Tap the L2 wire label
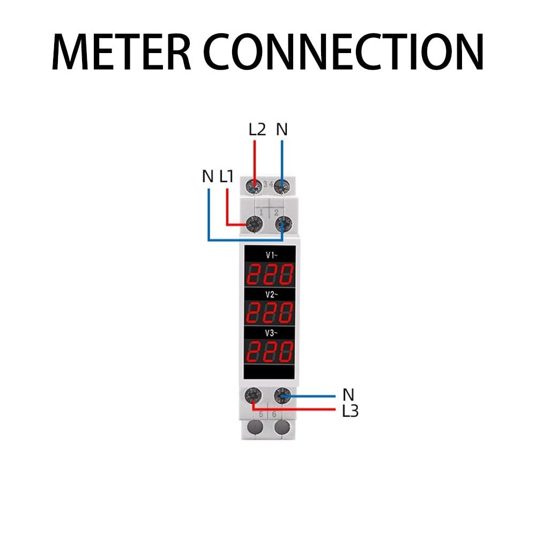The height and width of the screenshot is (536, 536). (257, 130)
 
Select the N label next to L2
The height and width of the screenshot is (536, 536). (282, 130)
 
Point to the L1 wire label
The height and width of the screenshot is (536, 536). (226, 176)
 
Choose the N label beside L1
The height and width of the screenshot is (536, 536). (208, 176)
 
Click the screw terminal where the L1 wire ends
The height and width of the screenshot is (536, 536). (251, 224)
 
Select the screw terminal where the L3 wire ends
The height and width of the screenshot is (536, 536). (252, 397)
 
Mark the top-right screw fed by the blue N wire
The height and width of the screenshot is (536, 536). (282, 186)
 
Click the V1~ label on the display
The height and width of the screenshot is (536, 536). (270, 255)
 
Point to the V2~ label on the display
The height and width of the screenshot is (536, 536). (270, 294)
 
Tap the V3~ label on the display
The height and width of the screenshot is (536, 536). (270, 333)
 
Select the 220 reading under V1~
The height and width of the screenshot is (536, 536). (270, 274)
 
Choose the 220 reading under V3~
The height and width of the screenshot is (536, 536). (270, 351)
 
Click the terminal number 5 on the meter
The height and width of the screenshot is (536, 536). (261, 414)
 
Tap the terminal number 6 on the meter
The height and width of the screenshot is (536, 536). (274, 414)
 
